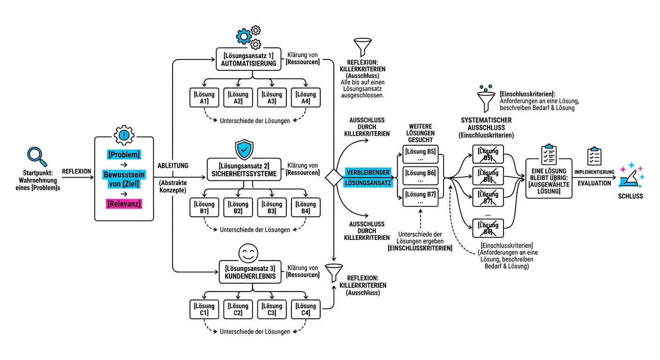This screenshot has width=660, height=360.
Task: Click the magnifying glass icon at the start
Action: pyautogui.click(x=37, y=157)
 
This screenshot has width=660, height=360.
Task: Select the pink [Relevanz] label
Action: pyautogui.click(x=124, y=203)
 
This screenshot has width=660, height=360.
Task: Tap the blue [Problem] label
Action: pyautogui.click(x=124, y=155)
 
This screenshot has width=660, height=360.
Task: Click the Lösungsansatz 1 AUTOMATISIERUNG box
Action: pyautogui.click(x=248, y=59)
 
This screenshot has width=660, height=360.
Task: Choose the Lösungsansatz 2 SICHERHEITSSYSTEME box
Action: pyautogui.click(x=244, y=169)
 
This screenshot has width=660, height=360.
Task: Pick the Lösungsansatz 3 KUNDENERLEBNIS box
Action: pyautogui.click(x=250, y=272)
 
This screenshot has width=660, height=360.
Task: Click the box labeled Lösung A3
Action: pyautogui.click(x=272, y=97)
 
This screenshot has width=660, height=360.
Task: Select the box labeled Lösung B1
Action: pyautogui.click(x=204, y=207)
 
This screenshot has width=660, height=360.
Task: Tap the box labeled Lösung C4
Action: pyautogui.click(x=306, y=309)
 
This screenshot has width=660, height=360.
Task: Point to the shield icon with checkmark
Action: pyautogui.click(x=244, y=150)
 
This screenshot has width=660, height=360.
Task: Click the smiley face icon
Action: pyautogui.click(x=248, y=253)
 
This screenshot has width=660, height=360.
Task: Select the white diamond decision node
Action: pyautogui.click(x=334, y=178)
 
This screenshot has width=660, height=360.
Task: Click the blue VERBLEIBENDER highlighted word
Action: pyautogui.click(x=368, y=172)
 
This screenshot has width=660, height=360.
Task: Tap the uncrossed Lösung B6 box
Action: pyautogui.click(x=420, y=176)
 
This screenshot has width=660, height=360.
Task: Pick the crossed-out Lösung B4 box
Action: pyautogui.click(x=488, y=228)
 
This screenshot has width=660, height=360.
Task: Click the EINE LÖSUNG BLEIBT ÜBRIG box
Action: pyautogui.click(x=548, y=179)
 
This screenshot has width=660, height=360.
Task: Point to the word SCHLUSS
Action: pyautogui.click(x=630, y=196)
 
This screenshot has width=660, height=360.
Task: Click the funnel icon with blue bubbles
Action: pyautogui.click(x=486, y=99)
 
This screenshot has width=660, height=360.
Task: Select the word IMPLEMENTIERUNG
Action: pyautogui.click(x=594, y=172)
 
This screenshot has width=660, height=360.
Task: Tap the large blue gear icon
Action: pyautogui.click(x=244, y=36)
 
